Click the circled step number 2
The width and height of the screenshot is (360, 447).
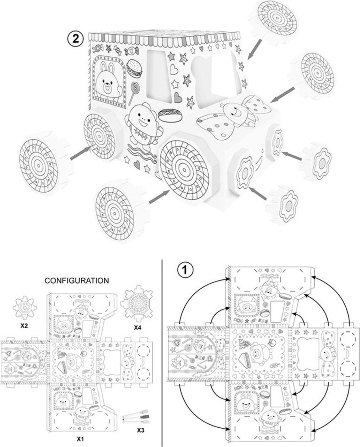coord(75,38)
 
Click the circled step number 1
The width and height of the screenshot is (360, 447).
coord(185,269)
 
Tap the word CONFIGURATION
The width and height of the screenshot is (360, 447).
coord(77,281)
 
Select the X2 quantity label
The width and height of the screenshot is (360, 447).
coord(24,326)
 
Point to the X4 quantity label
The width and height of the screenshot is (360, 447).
coord(137,328)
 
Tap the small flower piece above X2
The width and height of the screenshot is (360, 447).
coord(24,308)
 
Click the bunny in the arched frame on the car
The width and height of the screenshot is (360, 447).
coord(108,80)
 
